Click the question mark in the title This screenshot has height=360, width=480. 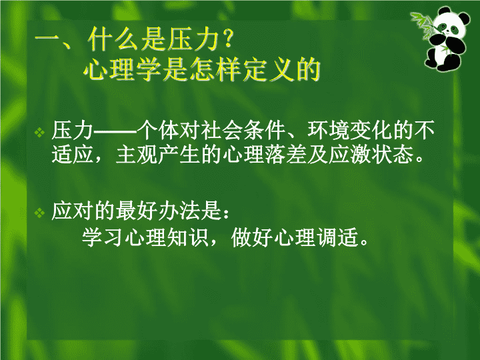[x=228, y=39]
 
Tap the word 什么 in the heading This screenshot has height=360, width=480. [x=113, y=39]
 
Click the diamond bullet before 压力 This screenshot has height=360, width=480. [x=39, y=132]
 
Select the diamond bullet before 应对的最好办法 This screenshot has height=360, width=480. [x=39, y=213]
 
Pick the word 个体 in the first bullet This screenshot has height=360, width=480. [x=157, y=130]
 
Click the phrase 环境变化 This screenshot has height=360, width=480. [x=350, y=130]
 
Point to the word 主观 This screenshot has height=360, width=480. [x=137, y=154]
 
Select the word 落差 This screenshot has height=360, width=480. [x=286, y=154]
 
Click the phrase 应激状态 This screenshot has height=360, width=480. [x=371, y=154]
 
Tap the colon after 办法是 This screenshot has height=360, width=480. [x=226, y=213]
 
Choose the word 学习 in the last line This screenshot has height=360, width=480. [x=102, y=237]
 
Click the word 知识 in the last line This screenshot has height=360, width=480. [x=187, y=237]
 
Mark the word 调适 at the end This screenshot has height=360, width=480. [x=337, y=237]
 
